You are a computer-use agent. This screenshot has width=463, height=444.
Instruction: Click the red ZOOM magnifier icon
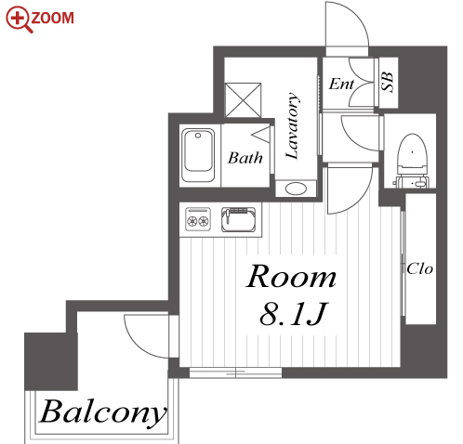tap(20, 20)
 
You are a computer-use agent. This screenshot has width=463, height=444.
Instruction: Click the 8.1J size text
tap(293, 314)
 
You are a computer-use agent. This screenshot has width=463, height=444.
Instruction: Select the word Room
tap(291, 277)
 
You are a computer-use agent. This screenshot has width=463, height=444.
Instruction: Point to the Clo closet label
tap(419, 268)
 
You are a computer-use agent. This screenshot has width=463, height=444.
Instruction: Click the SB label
tap(387, 82)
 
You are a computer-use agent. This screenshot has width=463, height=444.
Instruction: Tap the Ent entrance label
tap(341, 84)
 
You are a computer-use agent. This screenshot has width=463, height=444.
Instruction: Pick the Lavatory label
tap(292, 126)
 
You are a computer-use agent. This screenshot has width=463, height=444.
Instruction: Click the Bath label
tap(245, 158)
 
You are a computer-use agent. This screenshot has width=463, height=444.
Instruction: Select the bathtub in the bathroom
tap(198, 155)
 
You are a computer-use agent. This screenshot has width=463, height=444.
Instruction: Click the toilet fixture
tap(412, 161)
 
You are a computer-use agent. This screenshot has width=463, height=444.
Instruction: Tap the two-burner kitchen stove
tap(198, 219)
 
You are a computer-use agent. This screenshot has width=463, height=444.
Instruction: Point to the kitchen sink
tap(239, 219)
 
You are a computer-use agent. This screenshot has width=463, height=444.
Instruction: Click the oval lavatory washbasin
tap(296, 189)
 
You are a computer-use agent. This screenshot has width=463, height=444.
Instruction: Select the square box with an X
tap(244, 100)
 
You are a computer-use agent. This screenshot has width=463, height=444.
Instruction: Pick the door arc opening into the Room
tap(361, 199)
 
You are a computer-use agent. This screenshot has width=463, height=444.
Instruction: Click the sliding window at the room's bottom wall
tap(235, 372)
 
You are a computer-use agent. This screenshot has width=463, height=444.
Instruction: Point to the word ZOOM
tap(53, 18)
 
